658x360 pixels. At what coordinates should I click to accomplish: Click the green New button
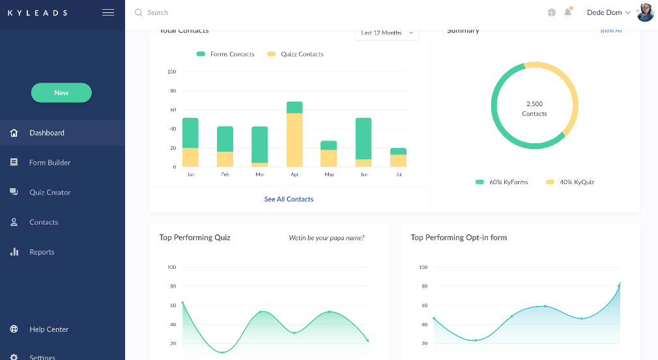click(61, 92)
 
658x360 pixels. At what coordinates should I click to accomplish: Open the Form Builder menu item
click(50, 163)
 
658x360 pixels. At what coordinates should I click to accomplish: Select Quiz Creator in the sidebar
click(50, 193)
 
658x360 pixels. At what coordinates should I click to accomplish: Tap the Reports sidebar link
click(42, 252)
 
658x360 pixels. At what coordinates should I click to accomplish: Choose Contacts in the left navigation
click(44, 222)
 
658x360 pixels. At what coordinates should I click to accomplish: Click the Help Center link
click(48, 329)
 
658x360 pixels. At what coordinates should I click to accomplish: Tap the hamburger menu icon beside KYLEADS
click(108, 12)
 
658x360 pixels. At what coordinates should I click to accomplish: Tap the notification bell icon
click(568, 12)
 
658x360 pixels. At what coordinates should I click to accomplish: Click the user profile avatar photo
click(645, 12)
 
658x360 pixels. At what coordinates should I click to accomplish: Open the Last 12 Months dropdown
click(387, 33)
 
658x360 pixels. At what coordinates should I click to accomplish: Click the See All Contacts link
click(289, 199)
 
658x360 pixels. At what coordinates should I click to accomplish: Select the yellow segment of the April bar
click(294, 140)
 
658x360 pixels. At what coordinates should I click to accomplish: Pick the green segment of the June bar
click(364, 138)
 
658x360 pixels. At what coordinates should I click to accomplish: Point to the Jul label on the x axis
click(398, 175)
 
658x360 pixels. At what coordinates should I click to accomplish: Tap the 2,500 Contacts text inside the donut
click(534, 109)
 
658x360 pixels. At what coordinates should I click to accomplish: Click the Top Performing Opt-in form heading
click(459, 238)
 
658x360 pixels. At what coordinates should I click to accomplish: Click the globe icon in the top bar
click(552, 12)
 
